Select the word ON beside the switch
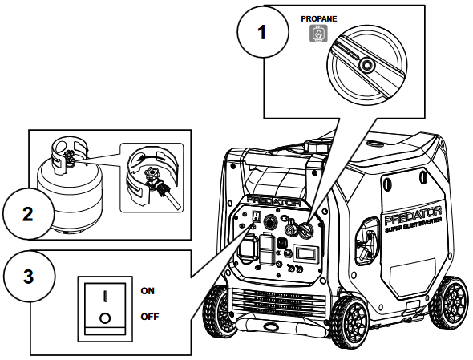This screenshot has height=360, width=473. [x=148, y=290]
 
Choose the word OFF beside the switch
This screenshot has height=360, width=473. [x=150, y=316]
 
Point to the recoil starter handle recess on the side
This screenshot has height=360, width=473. [x=370, y=241]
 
